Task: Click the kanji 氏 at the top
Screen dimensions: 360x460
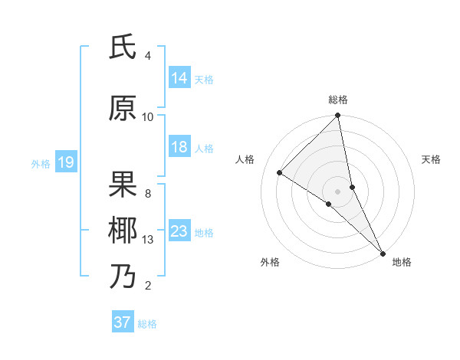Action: click(x=123, y=49)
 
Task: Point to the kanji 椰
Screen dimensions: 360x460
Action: click(x=123, y=230)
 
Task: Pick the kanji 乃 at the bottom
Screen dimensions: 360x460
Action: click(x=123, y=276)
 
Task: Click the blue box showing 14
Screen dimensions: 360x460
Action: click(x=179, y=77)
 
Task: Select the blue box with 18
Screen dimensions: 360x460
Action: click(x=179, y=147)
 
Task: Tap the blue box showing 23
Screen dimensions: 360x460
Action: click(x=179, y=231)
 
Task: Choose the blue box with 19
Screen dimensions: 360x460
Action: click(x=65, y=162)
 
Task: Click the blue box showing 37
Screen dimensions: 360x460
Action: click(x=123, y=322)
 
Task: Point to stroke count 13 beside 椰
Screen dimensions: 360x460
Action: click(x=149, y=240)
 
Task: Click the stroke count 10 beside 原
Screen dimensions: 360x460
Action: click(x=148, y=116)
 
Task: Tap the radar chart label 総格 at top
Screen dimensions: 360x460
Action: click(x=338, y=100)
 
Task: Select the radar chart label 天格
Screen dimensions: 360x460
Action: click(x=431, y=159)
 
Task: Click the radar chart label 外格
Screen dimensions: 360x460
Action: click(x=270, y=262)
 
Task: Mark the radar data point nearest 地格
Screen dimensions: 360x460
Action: click(x=383, y=252)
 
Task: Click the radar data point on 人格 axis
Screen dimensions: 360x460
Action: click(x=280, y=172)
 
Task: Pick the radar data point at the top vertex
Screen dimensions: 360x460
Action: click(x=338, y=116)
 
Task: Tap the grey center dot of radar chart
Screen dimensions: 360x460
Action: click(x=338, y=191)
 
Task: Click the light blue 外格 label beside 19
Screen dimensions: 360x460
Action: click(x=40, y=163)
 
